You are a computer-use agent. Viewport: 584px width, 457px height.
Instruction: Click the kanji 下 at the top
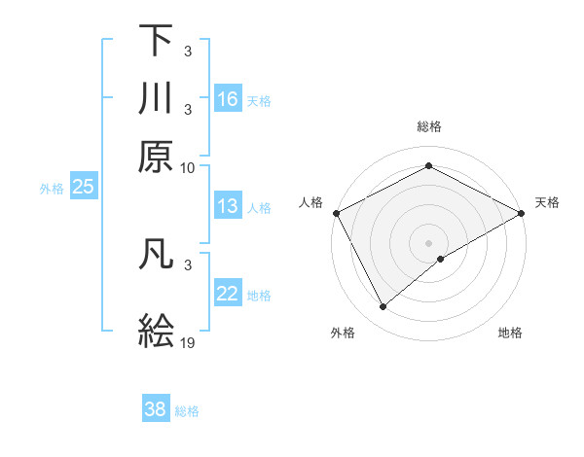click(x=156, y=41)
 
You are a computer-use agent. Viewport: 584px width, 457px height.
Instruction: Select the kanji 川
click(x=156, y=98)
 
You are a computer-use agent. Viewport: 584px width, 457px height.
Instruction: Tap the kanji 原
click(x=156, y=155)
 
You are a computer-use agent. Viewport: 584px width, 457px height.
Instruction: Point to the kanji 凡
click(x=156, y=254)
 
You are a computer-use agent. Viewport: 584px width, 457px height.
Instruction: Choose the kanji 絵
click(x=156, y=329)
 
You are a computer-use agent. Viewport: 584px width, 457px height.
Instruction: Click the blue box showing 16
click(x=228, y=99)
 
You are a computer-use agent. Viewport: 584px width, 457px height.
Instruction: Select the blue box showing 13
click(x=228, y=206)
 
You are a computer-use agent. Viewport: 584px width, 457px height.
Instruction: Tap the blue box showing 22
click(x=228, y=294)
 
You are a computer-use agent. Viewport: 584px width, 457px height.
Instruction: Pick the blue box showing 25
click(x=83, y=187)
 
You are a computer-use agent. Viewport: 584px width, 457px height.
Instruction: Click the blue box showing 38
click(x=156, y=409)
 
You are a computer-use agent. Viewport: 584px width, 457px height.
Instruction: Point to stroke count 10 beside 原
click(x=188, y=167)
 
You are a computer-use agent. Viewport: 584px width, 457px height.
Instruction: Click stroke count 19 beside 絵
click(x=188, y=342)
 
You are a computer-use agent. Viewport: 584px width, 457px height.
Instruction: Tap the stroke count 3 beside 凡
click(x=187, y=264)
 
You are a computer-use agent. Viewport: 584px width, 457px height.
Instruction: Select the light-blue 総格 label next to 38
click(x=187, y=411)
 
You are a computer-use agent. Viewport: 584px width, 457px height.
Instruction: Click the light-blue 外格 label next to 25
click(x=51, y=189)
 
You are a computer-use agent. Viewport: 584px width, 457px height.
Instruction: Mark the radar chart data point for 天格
click(x=522, y=212)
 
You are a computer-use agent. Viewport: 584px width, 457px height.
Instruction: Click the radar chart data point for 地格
click(x=441, y=259)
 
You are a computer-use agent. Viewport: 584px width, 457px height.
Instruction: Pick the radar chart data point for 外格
click(x=383, y=306)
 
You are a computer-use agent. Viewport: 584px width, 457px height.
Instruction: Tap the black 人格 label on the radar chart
click(x=310, y=202)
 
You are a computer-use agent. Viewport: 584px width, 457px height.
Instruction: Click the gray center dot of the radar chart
click(x=428, y=242)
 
